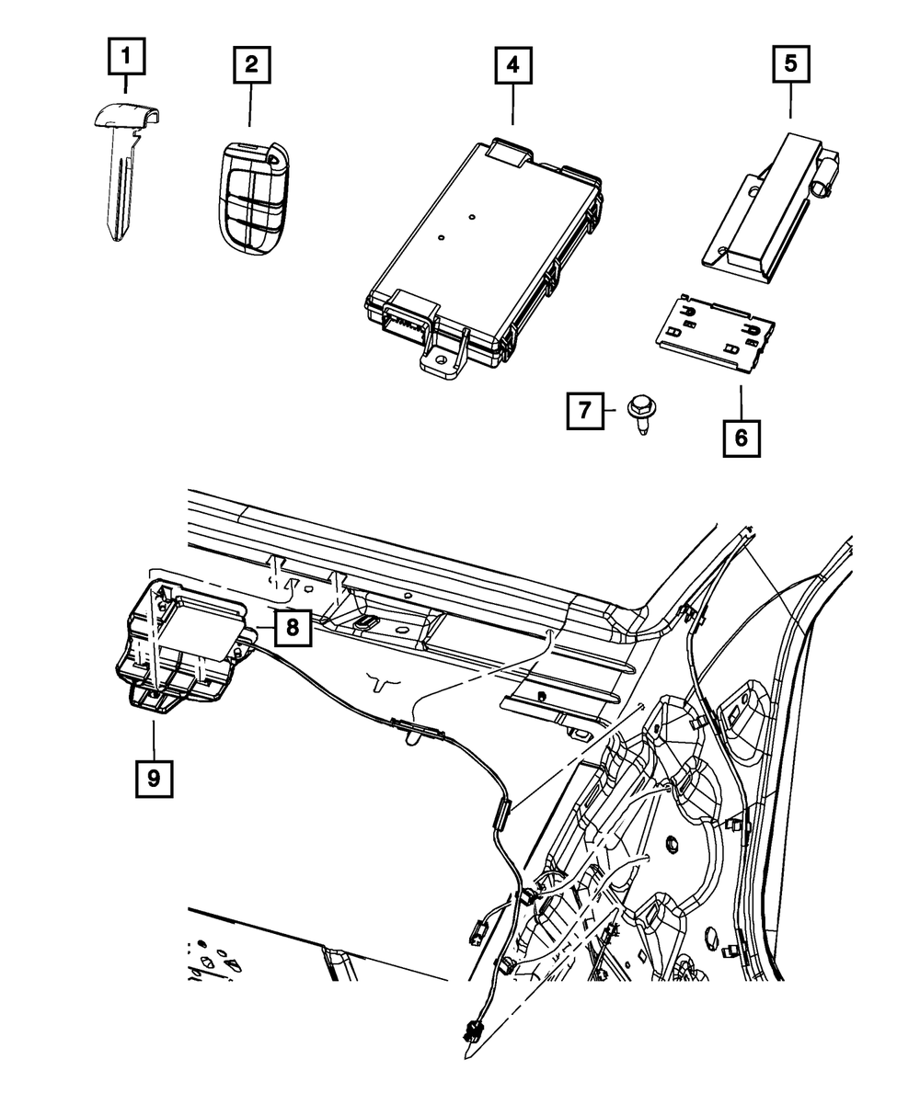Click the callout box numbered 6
(x=741, y=436)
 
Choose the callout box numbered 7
(x=585, y=411)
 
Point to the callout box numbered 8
(x=292, y=628)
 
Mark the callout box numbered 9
(x=153, y=778)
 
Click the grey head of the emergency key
(x=128, y=115)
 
